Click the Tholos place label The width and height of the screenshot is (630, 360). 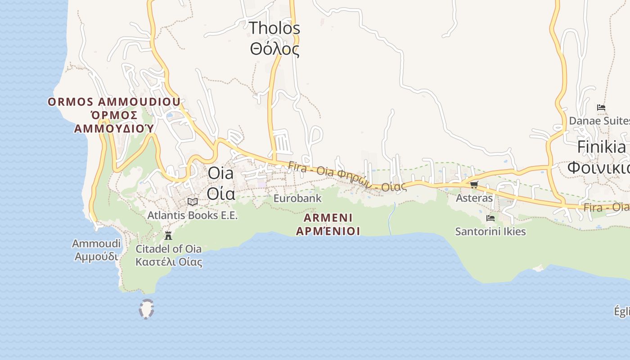(x=274, y=28)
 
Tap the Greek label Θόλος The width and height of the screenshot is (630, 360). (x=274, y=49)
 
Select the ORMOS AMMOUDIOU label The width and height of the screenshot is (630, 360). (x=114, y=102)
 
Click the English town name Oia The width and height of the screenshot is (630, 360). (x=220, y=173)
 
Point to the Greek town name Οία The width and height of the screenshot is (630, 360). (x=220, y=193)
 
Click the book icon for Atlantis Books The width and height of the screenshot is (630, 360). (x=193, y=202)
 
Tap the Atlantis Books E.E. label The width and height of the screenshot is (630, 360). (x=193, y=216)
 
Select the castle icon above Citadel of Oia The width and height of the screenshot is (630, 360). (x=168, y=235)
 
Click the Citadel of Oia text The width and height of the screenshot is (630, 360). (x=169, y=249)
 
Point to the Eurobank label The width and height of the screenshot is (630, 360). (x=297, y=198)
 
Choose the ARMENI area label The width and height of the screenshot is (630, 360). (x=328, y=218)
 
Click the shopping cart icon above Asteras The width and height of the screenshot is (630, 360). (x=474, y=184)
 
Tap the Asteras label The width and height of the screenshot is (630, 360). (x=474, y=198)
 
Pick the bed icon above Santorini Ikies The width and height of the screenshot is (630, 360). (x=490, y=218)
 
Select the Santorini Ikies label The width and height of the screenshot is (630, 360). (x=490, y=232)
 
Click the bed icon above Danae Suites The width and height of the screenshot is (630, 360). (x=601, y=108)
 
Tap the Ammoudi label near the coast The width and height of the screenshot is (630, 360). (x=96, y=243)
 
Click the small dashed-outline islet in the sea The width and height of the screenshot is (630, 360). (x=147, y=309)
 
